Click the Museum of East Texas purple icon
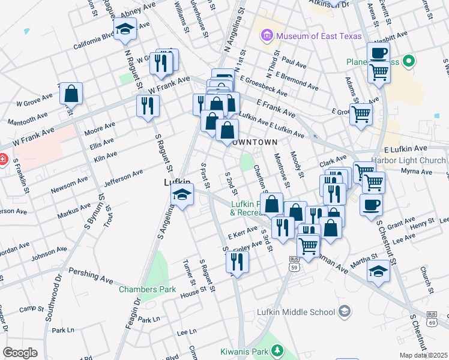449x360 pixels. point(267,36)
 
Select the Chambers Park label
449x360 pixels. point(147,289)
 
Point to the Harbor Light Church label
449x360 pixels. point(409,160)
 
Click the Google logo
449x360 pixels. point(20,353)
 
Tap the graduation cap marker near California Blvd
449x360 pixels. point(125,29)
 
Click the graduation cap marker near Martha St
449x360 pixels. point(378,271)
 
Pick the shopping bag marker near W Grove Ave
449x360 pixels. point(71,94)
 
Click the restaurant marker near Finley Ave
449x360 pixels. point(238,262)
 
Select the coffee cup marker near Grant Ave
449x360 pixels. point(371,205)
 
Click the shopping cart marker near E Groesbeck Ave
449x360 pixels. point(361,114)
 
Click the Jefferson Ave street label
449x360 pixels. point(124,177)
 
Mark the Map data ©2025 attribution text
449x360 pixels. point(424,355)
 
